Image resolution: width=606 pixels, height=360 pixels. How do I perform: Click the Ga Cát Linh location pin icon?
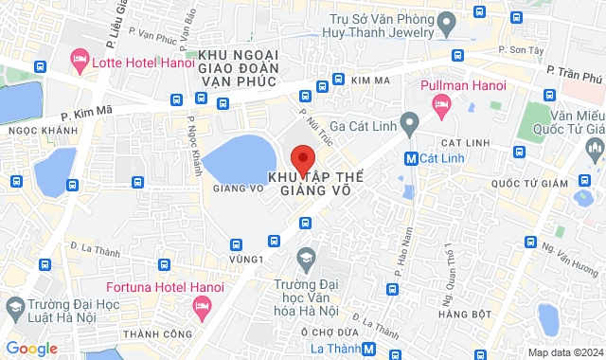click(409, 122)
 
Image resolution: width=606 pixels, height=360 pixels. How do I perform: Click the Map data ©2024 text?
click(564, 352)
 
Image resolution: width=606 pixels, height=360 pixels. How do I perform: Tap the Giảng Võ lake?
click(237, 156)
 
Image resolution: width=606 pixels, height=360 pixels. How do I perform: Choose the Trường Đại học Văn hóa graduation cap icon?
click(306, 258)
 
